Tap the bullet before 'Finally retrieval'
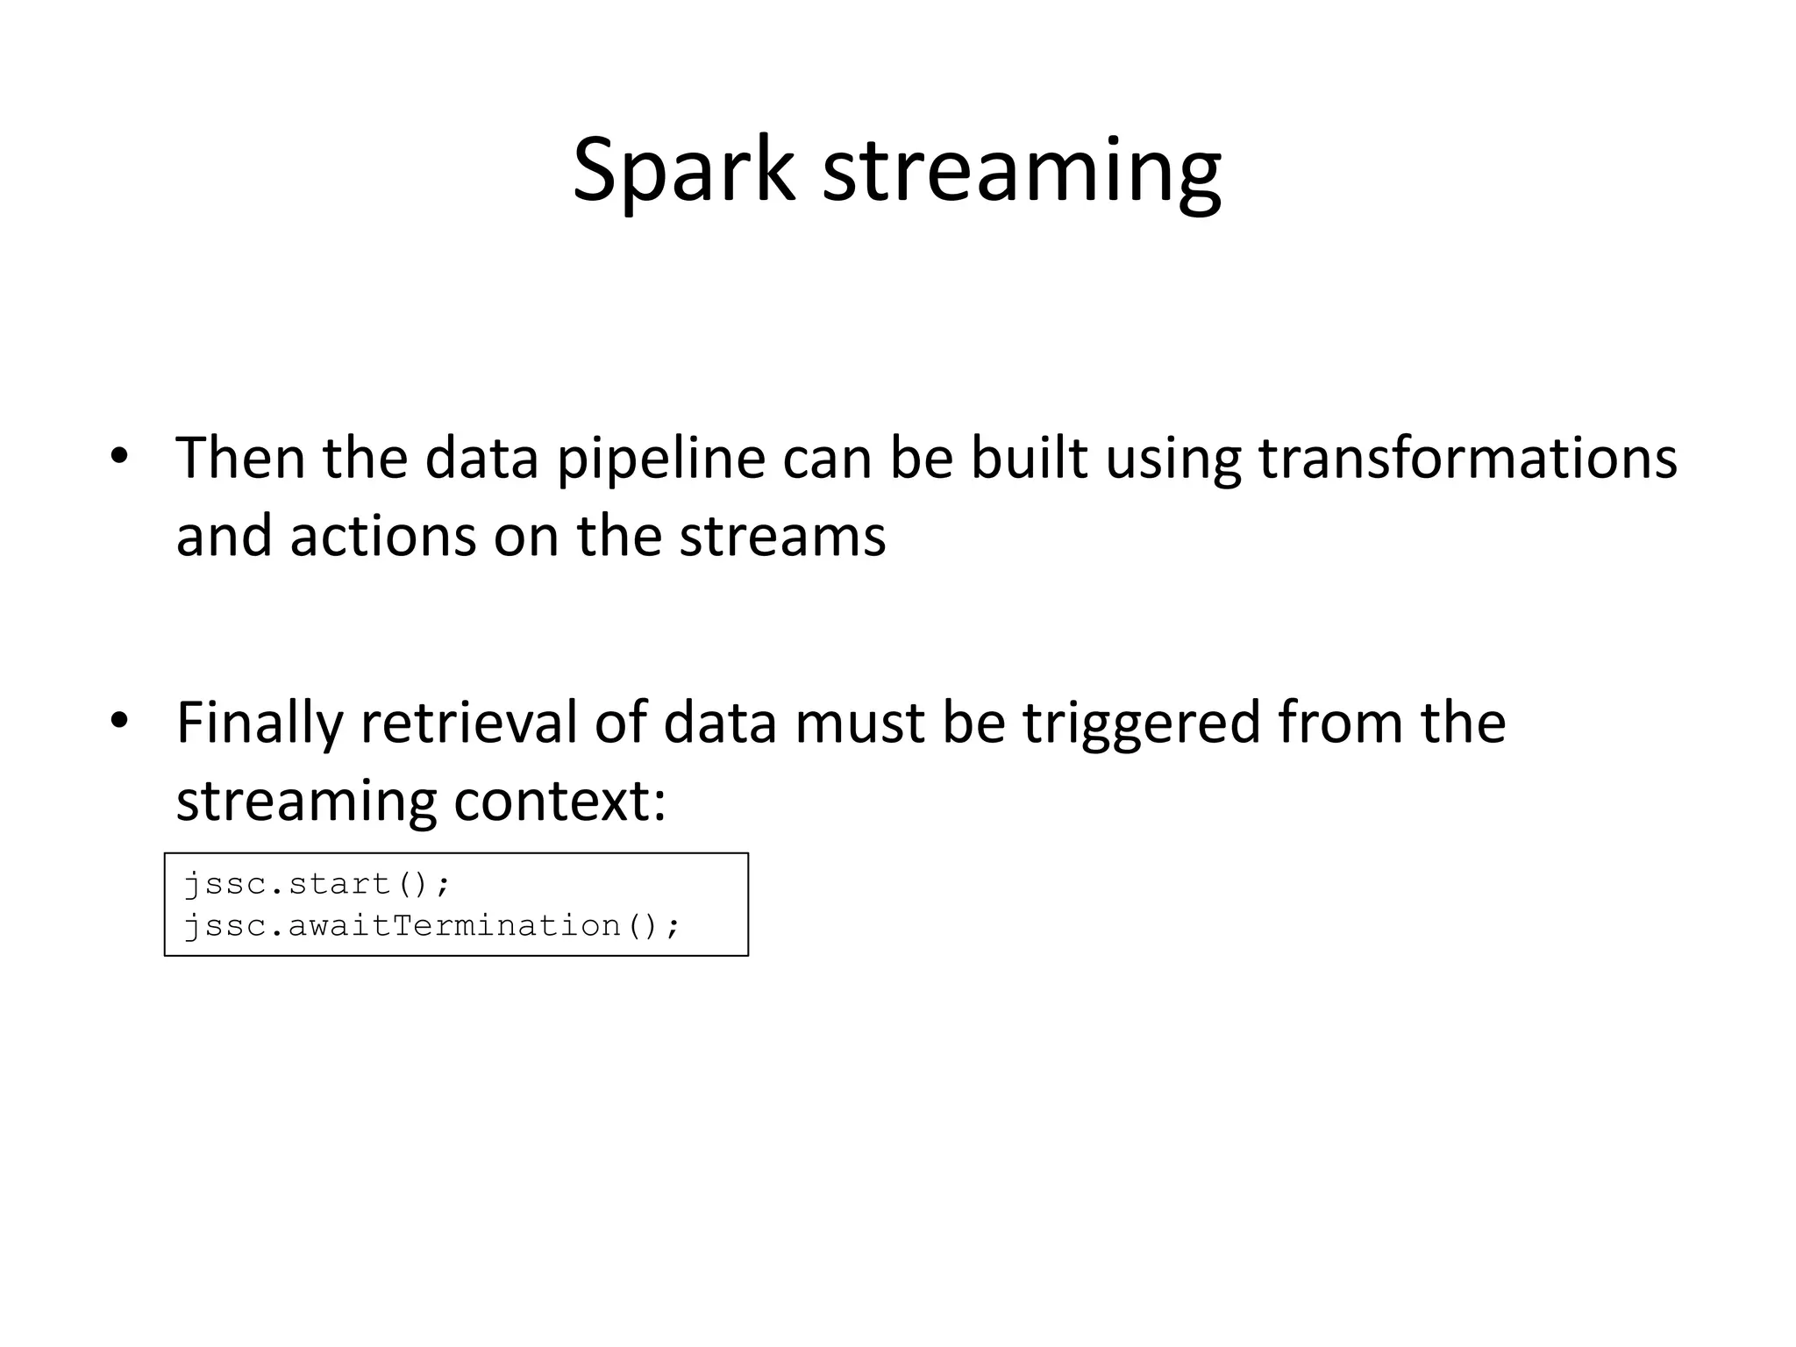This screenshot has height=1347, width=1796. click(120, 721)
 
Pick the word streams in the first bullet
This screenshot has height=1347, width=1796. click(782, 537)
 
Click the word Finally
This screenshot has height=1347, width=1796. click(260, 723)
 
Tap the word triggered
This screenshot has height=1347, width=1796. click(1140, 723)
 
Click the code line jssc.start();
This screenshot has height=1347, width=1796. click(317, 884)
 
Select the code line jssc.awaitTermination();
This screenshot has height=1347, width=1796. click(431, 926)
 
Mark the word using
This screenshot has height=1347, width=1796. click(1172, 460)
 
